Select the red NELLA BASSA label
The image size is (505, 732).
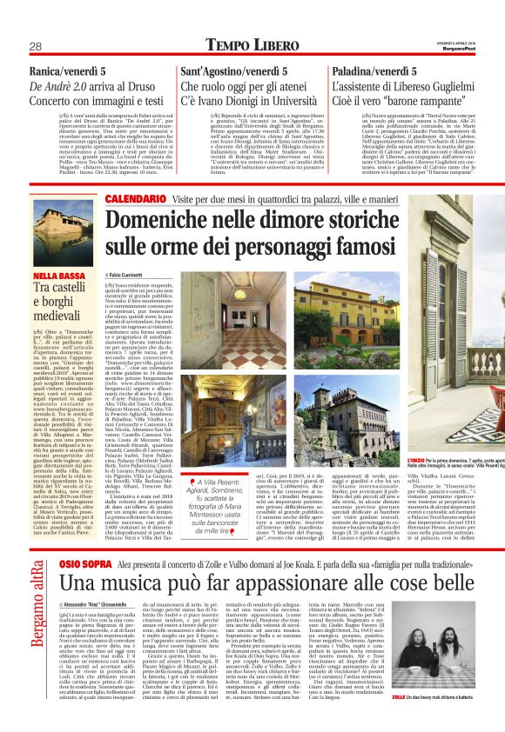click(58, 276)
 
